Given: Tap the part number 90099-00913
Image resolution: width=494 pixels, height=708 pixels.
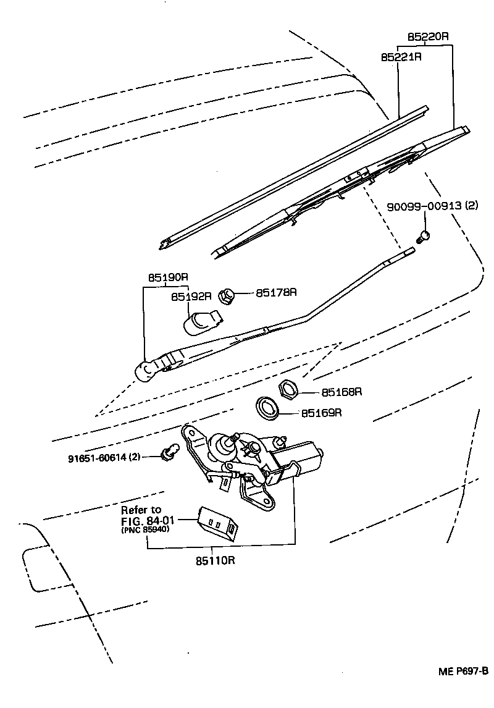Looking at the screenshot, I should [424, 206].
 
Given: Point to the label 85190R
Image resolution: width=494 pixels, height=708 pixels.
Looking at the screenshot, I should [167, 278].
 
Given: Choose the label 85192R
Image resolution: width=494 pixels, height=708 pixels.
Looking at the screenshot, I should [191, 297].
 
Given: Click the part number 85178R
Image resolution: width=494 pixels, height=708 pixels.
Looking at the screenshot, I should [276, 292].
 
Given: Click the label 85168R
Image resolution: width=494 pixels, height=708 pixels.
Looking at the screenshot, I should [341, 392].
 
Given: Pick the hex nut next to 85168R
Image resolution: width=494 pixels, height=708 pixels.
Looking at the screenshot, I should [288, 389].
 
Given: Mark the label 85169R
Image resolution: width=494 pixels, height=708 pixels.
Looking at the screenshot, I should [321, 412].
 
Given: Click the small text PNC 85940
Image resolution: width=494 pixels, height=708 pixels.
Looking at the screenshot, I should [146, 530].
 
